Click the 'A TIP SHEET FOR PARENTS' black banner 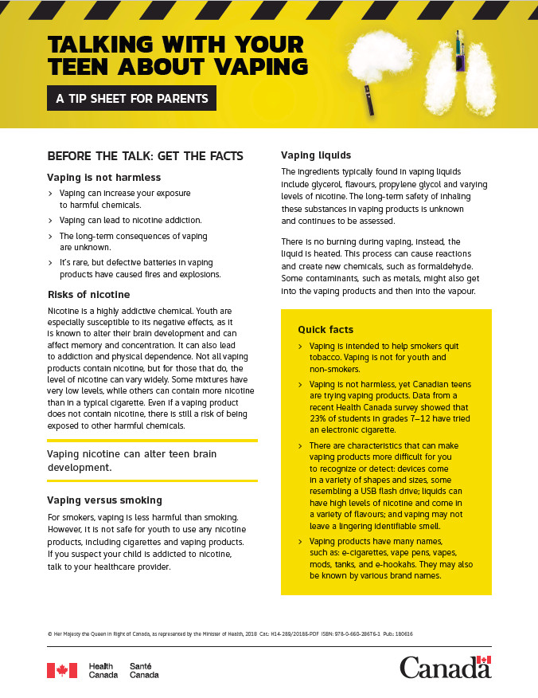pyautogui.click(x=131, y=99)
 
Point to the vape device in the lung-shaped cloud pyautogui.click(x=459, y=50)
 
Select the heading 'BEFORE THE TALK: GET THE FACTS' pyautogui.click(x=145, y=155)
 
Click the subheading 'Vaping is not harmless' pyautogui.click(x=104, y=177)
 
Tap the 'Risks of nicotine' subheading pyautogui.click(x=88, y=294)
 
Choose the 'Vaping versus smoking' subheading pyautogui.click(x=104, y=500)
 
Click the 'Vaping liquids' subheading pyautogui.click(x=316, y=155)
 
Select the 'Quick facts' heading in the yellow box pyautogui.click(x=326, y=329)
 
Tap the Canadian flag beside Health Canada pyautogui.click(x=62, y=670)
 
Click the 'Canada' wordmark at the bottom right pyautogui.click(x=445, y=668)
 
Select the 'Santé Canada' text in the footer pyautogui.click(x=144, y=670)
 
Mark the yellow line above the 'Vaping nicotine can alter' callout pyautogui.click(x=152, y=440)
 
